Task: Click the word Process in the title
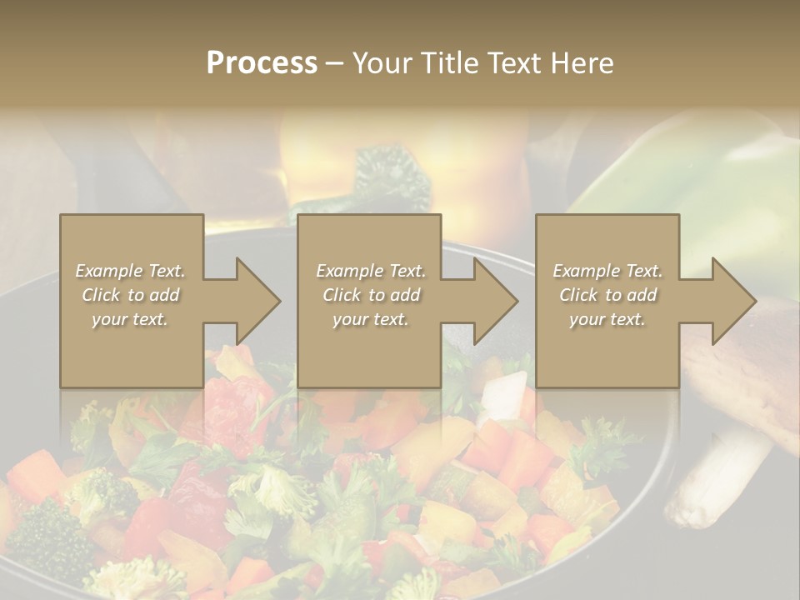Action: click(262, 63)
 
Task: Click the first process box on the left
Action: click(131, 300)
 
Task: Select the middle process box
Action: click(369, 300)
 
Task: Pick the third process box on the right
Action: click(607, 300)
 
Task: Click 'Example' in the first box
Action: click(108, 271)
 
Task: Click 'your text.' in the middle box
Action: click(370, 319)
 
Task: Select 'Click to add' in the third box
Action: click(607, 295)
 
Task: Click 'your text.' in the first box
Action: click(130, 319)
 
